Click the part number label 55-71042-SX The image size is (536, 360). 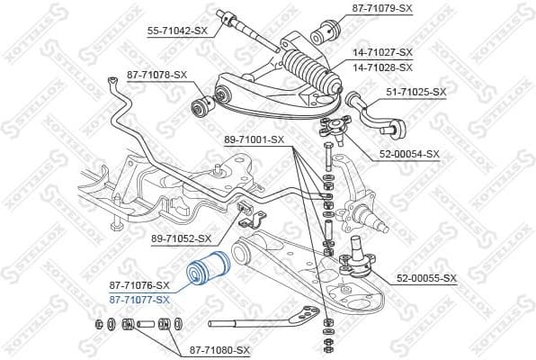tap(177, 31)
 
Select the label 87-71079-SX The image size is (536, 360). tap(380, 9)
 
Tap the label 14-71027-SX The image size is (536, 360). tap(382, 52)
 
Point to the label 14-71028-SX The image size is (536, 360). tap(382, 67)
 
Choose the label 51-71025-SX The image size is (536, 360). tap(416, 92)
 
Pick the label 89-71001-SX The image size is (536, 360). tap(254, 139)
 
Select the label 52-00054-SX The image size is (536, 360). tap(409, 154)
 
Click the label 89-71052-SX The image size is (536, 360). tap(181, 238)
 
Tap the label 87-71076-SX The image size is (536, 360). tap(138, 285)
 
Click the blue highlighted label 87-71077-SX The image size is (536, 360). tap(138, 299)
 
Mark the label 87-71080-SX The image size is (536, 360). tap(219, 349)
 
